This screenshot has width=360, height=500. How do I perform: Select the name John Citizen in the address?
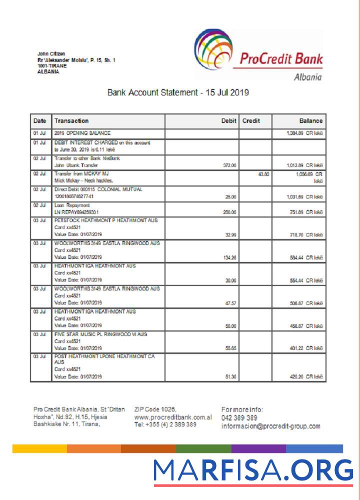[x=51, y=54]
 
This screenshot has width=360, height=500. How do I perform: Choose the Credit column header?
[x=251, y=121]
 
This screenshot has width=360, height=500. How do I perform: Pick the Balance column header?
[x=310, y=121]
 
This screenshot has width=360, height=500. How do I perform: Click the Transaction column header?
[x=71, y=121]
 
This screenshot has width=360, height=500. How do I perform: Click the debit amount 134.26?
[x=229, y=257]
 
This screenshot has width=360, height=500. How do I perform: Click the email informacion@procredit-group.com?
[x=270, y=426]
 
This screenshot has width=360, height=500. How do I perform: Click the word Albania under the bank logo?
[x=307, y=77]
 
